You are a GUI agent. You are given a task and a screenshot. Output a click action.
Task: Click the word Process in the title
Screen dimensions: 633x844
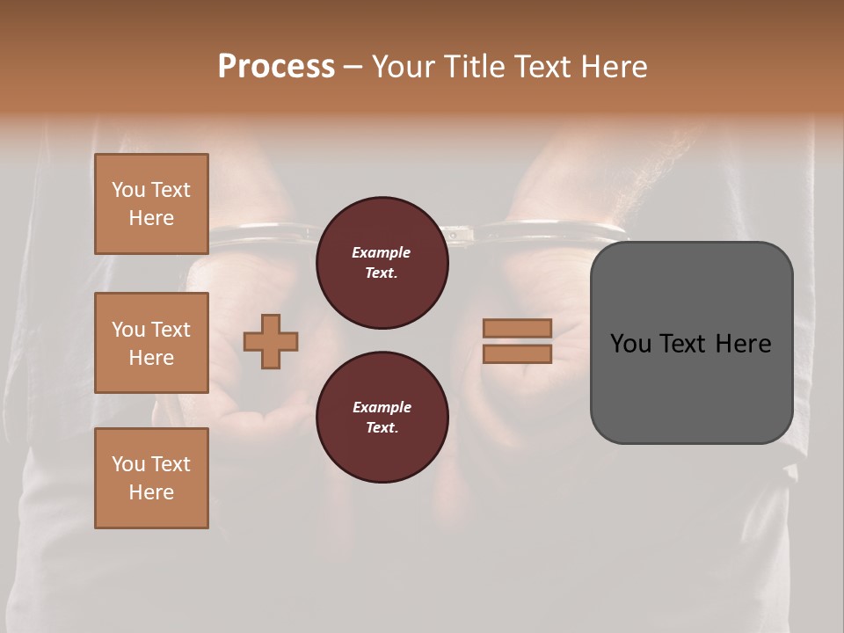click(x=276, y=67)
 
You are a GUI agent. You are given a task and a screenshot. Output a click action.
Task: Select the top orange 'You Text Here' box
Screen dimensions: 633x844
click(x=151, y=204)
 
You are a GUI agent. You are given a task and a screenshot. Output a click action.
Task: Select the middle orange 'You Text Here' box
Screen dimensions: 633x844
click(x=151, y=343)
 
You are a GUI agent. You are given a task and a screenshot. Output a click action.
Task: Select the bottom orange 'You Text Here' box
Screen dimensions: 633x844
click(x=151, y=478)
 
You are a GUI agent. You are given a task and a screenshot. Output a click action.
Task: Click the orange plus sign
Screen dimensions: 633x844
click(x=271, y=342)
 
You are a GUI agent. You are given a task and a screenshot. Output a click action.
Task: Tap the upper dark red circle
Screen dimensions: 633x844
click(x=382, y=263)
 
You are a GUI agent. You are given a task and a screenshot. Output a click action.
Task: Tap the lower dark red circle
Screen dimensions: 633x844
click(x=382, y=418)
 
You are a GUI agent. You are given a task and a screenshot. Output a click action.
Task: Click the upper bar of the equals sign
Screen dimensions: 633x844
click(x=517, y=328)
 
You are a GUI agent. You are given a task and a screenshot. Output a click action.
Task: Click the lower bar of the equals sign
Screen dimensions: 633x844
click(x=517, y=353)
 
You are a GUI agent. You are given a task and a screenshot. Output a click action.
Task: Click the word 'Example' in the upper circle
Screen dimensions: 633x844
click(x=382, y=252)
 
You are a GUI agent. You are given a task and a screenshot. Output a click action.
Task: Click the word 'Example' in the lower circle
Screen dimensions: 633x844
click(x=382, y=407)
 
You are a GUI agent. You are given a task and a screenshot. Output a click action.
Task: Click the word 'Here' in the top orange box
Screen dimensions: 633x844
click(x=151, y=218)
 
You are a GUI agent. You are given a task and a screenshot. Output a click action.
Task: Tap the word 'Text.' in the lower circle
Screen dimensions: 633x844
click(x=382, y=428)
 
